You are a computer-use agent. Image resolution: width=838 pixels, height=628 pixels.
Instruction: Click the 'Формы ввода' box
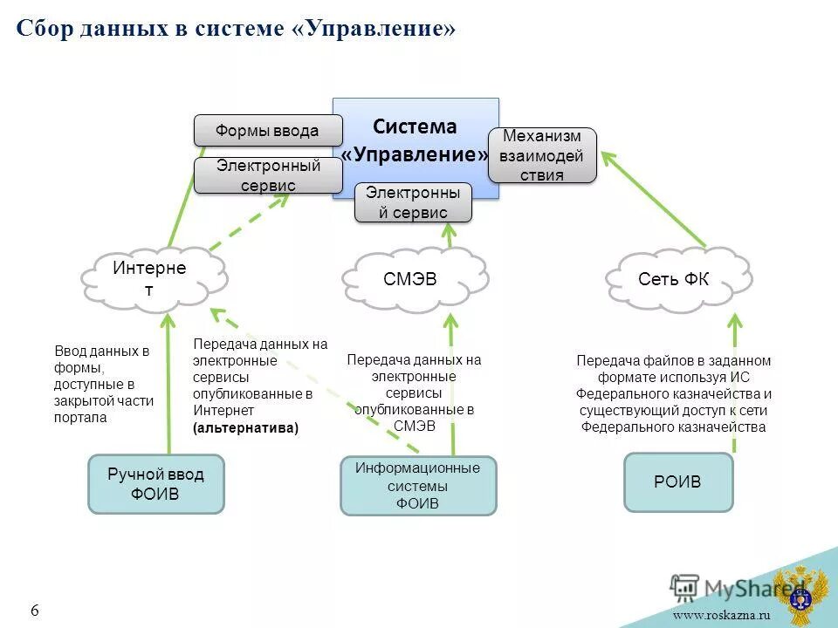click(x=267, y=131)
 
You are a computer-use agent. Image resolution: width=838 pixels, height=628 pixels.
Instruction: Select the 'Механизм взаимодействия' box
click(x=542, y=155)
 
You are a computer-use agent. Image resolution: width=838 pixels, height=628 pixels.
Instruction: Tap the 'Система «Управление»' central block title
click(x=416, y=140)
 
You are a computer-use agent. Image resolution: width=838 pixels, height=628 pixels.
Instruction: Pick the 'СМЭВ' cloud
click(x=410, y=279)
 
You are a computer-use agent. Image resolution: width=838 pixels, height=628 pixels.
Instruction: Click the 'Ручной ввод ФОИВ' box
click(x=155, y=483)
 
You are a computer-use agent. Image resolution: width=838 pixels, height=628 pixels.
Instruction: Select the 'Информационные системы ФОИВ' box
click(x=417, y=485)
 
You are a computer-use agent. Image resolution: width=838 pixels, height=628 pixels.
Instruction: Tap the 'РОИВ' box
click(x=677, y=481)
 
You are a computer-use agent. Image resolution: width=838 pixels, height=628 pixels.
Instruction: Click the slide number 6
click(x=35, y=611)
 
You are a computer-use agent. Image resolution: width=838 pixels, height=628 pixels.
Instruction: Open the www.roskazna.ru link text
click(x=721, y=615)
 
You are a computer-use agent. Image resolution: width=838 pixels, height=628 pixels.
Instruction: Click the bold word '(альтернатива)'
click(x=245, y=427)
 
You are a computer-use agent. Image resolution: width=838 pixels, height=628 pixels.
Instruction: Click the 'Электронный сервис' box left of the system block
click(x=267, y=175)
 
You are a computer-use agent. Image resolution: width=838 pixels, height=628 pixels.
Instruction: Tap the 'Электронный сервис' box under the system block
click(x=413, y=202)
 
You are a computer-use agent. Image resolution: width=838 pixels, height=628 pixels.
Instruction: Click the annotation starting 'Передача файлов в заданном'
click(x=673, y=393)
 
